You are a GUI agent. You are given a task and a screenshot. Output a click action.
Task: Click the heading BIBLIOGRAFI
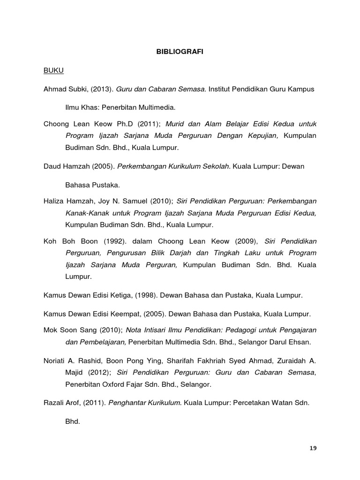pos(180,52)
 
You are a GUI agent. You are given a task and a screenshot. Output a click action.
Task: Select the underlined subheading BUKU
pos(53,71)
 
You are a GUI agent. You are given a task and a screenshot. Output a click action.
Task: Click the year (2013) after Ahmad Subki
pos(97,89)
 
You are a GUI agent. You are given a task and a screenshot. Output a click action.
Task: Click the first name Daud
pos(52,166)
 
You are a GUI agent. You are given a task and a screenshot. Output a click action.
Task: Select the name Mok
pos(50,330)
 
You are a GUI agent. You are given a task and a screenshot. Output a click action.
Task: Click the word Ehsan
pos(300,342)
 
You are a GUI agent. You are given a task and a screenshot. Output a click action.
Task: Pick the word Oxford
pos(115,384)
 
